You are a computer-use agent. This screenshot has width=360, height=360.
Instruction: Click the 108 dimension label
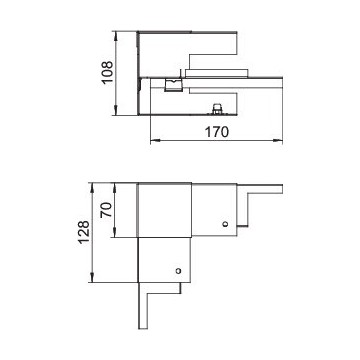coord(108,72)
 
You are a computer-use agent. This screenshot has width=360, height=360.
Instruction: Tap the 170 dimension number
coord(217,132)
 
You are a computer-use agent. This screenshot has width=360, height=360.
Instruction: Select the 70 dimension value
coord(106,210)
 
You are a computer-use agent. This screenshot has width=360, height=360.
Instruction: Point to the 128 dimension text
coord(84,232)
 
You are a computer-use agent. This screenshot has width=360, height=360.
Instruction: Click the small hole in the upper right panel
coord(225,224)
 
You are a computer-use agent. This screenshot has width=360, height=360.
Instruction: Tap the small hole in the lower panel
coord(178,271)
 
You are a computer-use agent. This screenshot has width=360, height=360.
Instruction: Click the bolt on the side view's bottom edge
coord(217,109)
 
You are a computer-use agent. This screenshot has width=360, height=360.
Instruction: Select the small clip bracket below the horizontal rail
coord(173,85)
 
